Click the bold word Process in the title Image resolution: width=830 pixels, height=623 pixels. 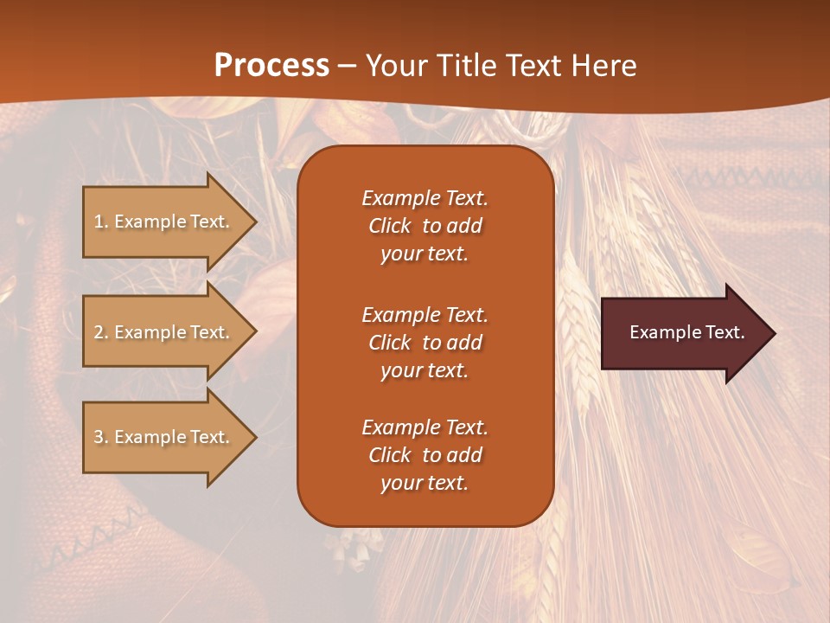pyautogui.click(x=271, y=66)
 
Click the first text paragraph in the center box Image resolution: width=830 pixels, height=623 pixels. pyautogui.click(x=425, y=226)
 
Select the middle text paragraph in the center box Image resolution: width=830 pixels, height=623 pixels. pyautogui.click(x=425, y=343)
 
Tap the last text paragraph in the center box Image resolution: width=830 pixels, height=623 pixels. pyautogui.click(x=425, y=455)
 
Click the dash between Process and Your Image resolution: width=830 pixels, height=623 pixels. pyautogui.click(x=347, y=66)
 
